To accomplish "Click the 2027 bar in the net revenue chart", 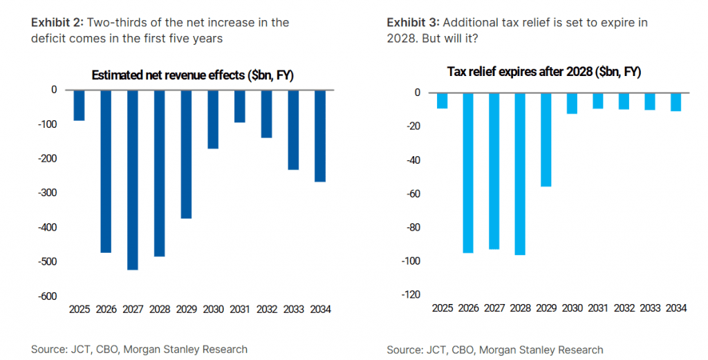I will [x=133, y=180].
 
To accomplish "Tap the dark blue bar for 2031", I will [x=240, y=106].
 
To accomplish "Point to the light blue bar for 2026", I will [x=468, y=173].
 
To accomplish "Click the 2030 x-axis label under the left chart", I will [x=212, y=310].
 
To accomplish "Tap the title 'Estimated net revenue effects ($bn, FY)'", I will [x=193, y=76].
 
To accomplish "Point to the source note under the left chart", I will [x=139, y=350].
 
